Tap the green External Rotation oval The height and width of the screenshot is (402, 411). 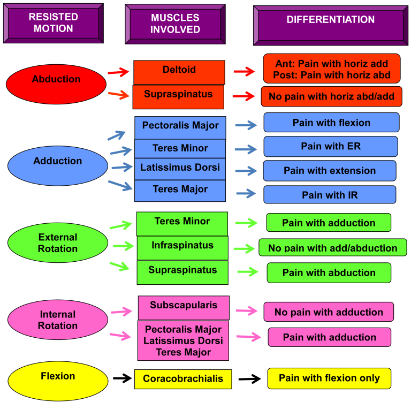tap(58, 243)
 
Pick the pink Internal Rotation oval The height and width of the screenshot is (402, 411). tap(58, 320)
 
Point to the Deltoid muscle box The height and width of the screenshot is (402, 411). tap(179, 72)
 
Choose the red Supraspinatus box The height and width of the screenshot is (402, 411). tap(178, 96)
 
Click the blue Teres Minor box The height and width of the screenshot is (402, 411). tap(180, 148)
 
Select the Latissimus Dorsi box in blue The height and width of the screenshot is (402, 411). tap(180, 169)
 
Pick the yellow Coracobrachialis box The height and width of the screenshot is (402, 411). tap(183, 379)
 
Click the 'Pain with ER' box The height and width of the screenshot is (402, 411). tap(331, 146)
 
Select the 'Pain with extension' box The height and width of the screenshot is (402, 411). tap(330, 171)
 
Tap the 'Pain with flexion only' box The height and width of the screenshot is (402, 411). tap(329, 378)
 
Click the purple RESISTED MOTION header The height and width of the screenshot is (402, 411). tap(53, 23)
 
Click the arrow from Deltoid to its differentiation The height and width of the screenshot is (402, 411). tap(245, 72)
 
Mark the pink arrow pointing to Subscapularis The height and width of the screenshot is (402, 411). tap(121, 311)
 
